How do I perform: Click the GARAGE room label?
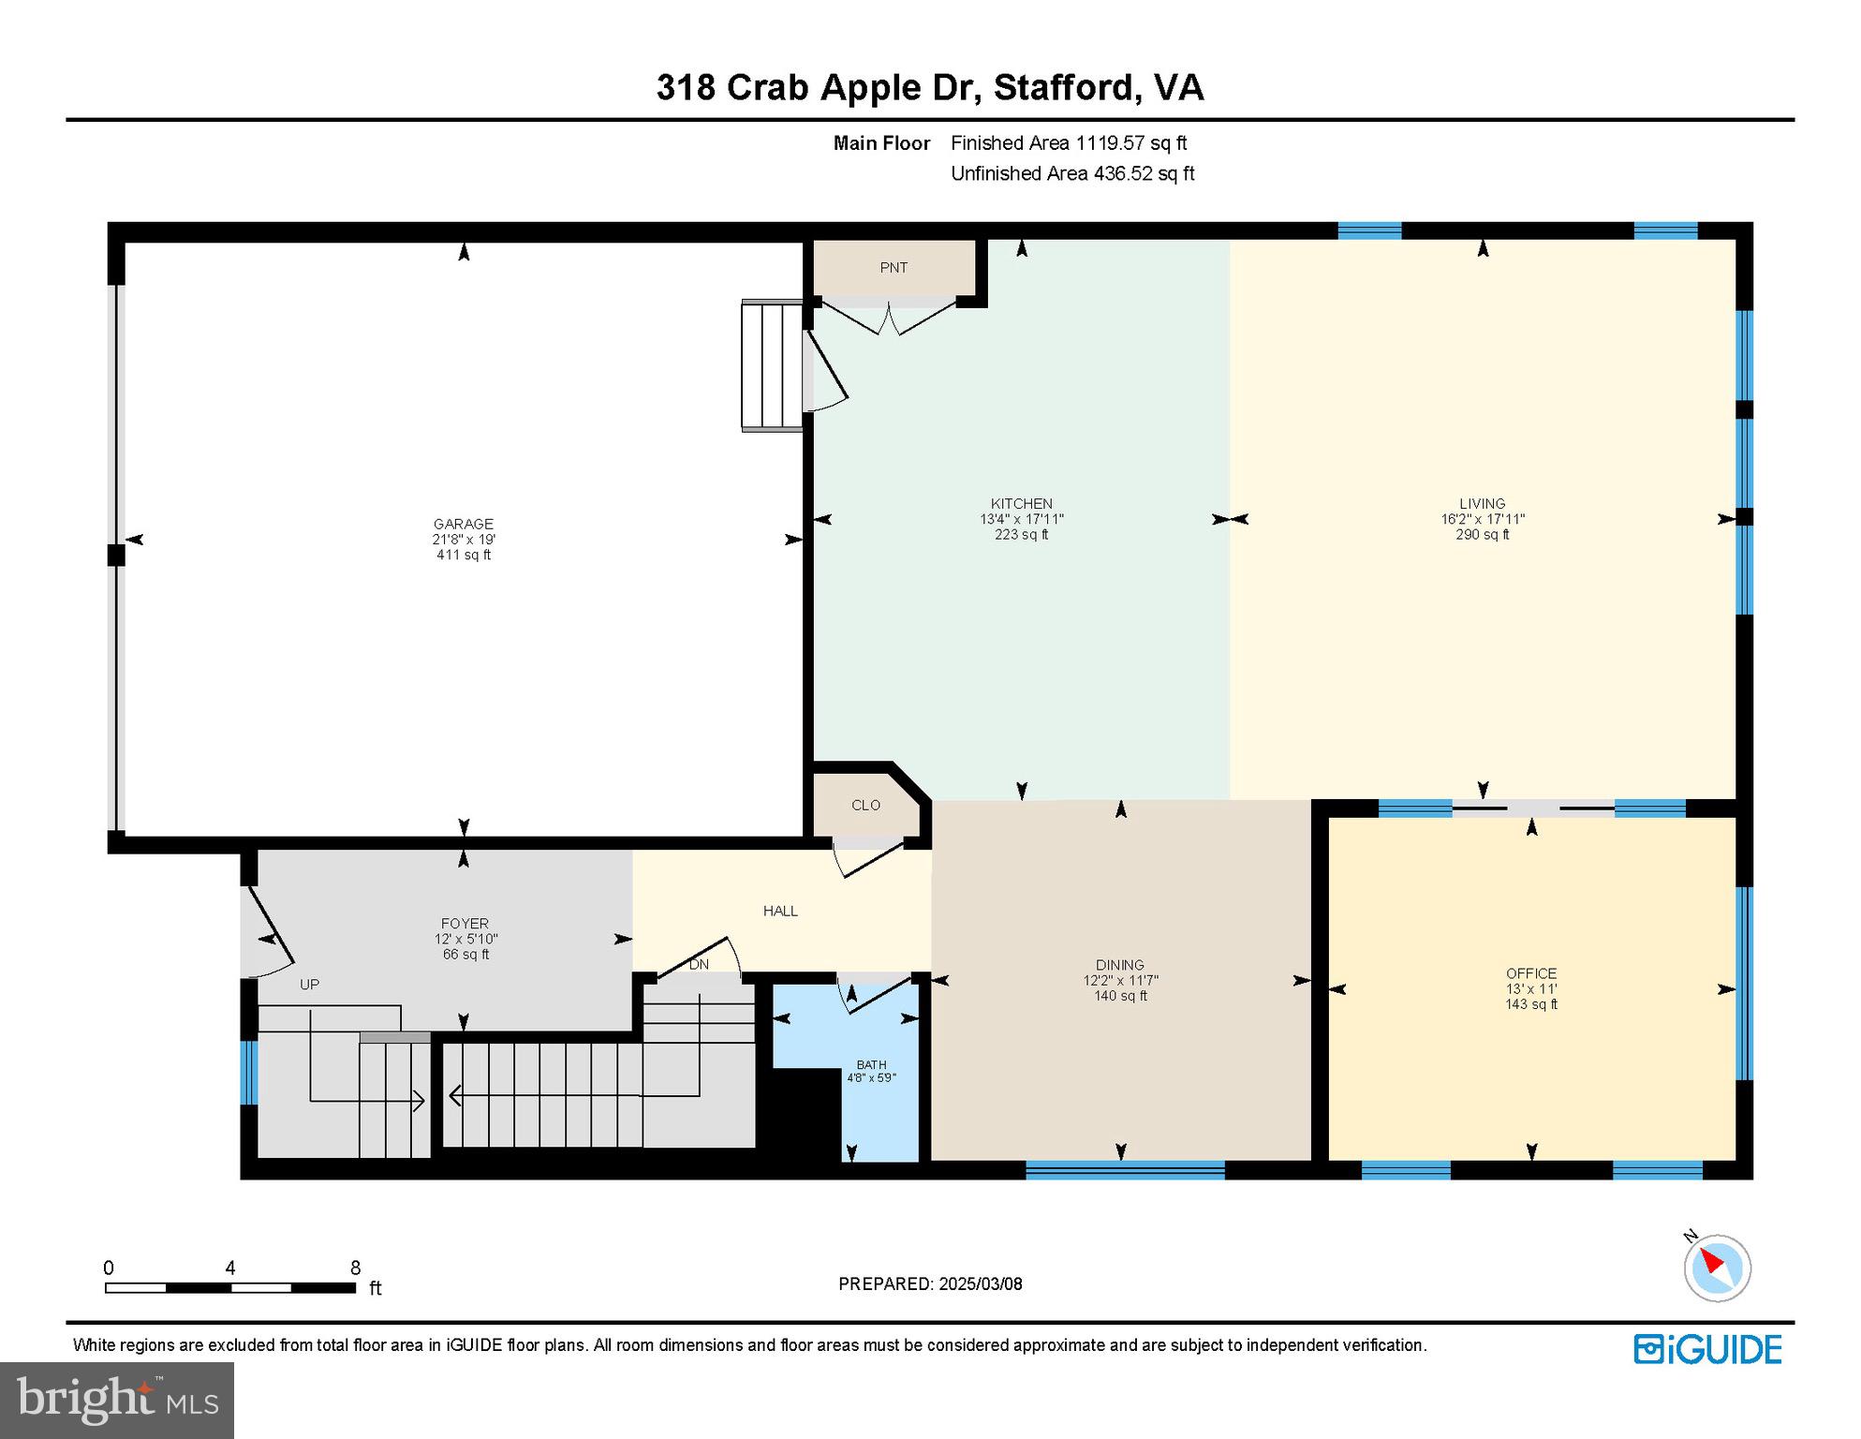[x=463, y=524]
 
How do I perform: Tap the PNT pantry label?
[x=893, y=268]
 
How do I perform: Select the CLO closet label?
[x=865, y=805]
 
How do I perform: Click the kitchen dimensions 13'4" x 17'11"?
[x=1021, y=519]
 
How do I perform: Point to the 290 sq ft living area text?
[x=1482, y=535]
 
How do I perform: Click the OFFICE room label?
[x=1530, y=973]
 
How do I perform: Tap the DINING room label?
[x=1119, y=965]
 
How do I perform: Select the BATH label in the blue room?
[x=871, y=1065]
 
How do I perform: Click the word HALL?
[x=779, y=911]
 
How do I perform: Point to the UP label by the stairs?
[x=309, y=985]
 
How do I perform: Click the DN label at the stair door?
[x=699, y=964]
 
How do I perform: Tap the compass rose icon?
[x=1717, y=1268]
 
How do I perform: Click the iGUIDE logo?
[x=1707, y=1349]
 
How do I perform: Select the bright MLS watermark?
[x=117, y=1400]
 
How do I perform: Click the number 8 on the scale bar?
[x=355, y=1268]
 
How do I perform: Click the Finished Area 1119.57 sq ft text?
[x=1068, y=143]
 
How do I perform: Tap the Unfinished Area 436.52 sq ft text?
[x=1071, y=173]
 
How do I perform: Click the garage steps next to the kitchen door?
[x=772, y=365]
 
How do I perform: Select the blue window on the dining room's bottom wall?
[x=1125, y=1169]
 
